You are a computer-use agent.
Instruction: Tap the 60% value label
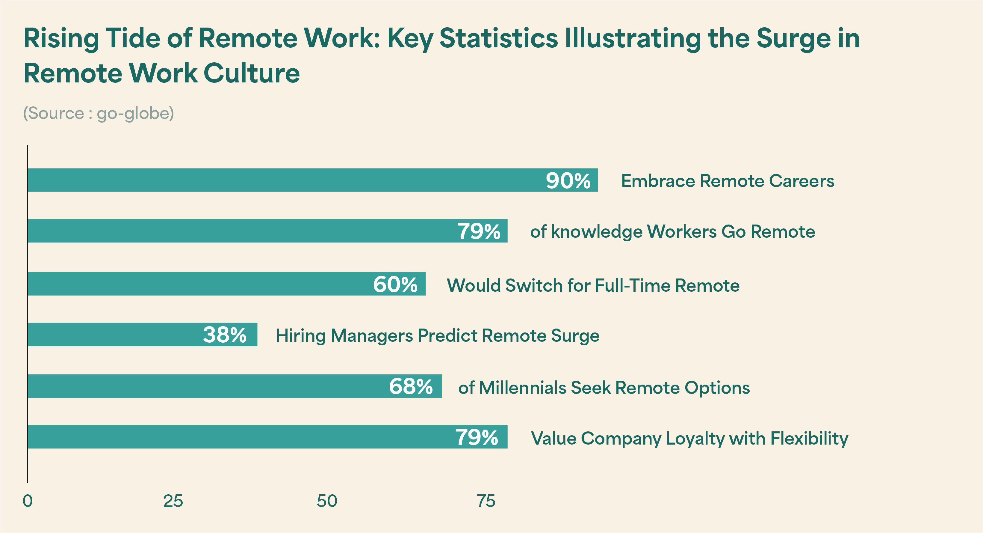click(395, 284)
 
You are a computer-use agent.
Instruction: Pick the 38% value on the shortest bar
click(225, 335)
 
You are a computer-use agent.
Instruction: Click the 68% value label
click(411, 386)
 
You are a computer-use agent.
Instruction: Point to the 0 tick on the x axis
click(28, 501)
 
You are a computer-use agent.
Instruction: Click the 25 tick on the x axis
click(173, 501)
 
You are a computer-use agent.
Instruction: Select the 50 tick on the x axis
click(327, 501)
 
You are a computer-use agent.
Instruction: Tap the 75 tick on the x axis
click(486, 501)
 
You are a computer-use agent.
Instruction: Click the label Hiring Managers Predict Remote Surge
click(437, 336)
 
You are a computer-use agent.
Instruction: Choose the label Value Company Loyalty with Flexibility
click(689, 438)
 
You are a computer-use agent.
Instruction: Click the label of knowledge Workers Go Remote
click(672, 232)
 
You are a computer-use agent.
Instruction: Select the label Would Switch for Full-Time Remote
click(593, 285)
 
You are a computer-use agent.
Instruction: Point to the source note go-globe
click(99, 113)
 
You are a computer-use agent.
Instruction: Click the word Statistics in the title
click(498, 39)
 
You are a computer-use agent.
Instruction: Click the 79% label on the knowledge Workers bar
click(479, 231)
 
